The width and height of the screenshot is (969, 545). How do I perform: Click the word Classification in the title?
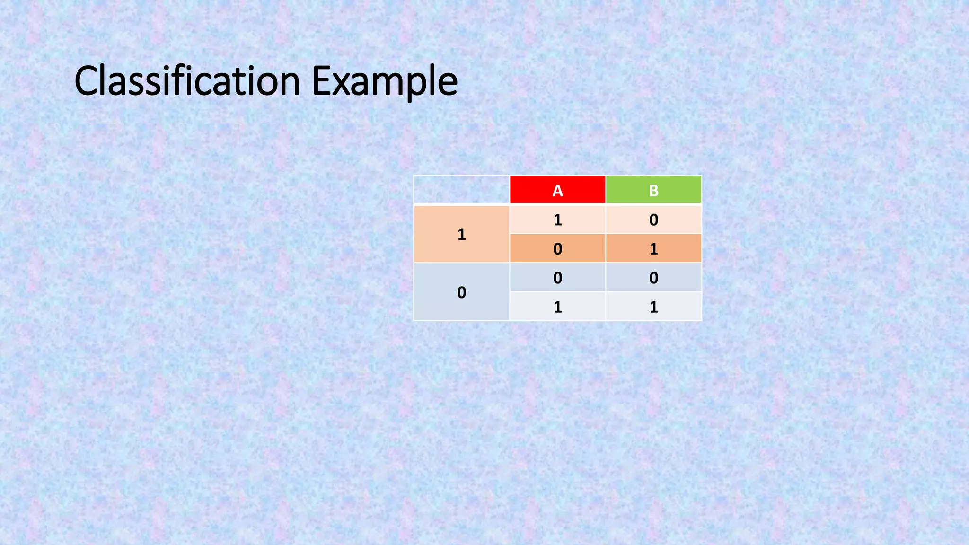click(x=187, y=81)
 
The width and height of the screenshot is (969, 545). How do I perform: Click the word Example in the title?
click(x=385, y=81)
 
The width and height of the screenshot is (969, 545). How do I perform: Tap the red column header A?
click(x=557, y=190)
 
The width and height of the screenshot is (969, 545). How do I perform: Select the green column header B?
click(x=653, y=190)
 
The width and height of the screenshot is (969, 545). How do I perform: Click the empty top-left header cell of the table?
click(x=462, y=190)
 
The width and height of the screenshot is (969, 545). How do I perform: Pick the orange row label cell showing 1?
click(x=462, y=234)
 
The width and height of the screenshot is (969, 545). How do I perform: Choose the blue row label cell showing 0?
click(x=462, y=292)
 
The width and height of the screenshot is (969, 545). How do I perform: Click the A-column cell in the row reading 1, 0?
click(x=557, y=220)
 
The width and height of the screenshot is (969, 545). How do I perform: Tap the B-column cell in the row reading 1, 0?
click(x=653, y=220)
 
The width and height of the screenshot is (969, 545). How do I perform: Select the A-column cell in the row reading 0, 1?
click(x=557, y=249)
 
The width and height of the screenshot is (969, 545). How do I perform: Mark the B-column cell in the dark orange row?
click(x=653, y=249)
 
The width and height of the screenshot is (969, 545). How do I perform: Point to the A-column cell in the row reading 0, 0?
click(x=557, y=278)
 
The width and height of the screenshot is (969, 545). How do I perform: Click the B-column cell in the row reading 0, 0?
click(x=653, y=278)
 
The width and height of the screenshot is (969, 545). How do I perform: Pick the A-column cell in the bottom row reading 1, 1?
click(x=557, y=307)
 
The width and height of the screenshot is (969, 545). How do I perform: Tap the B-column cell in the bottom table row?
click(x=653, y=307)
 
